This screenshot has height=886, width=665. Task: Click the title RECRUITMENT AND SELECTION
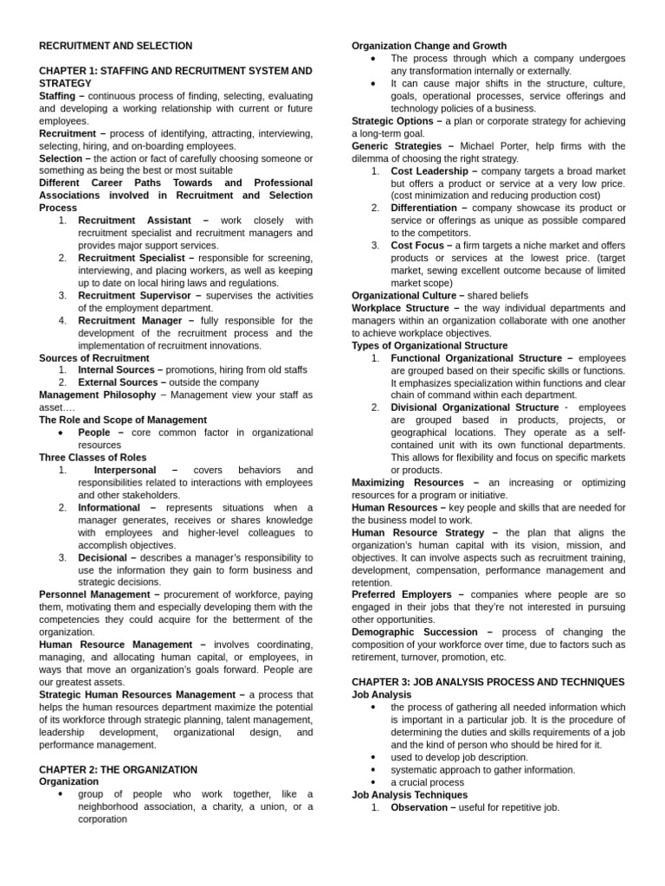pyautogui.click(x=116, y=46)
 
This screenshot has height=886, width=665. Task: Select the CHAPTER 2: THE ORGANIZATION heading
pyautogui.click(x=118, y=769)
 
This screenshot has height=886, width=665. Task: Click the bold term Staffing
pyautogui.click(x=58, y=96)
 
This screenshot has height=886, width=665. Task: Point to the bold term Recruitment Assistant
pyautogui.click(x=134, y=221)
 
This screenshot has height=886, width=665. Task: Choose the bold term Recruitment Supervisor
pyautogui.click(x=133, y=295)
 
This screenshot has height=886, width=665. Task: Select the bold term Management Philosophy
pyautogui.click(x=98, y=395)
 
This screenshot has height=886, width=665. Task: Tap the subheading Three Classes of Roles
pyautogui.click(x=93, y=457)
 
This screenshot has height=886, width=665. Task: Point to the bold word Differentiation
pyautogui.click(x=424, y=209)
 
